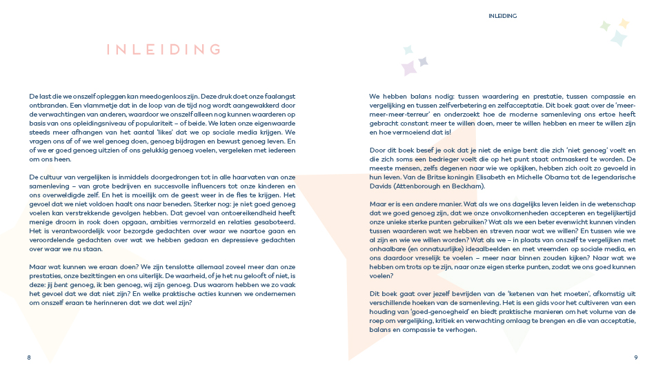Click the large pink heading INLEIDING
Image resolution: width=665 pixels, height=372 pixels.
pos(164,50)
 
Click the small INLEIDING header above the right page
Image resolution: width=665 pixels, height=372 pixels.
pos(502,16)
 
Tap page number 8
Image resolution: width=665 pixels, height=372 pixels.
pos(29,358)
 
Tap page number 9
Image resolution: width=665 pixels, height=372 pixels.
pos(635,358)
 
